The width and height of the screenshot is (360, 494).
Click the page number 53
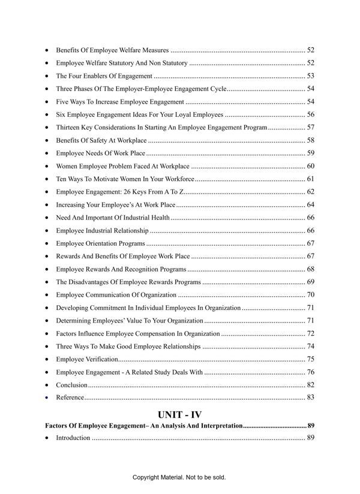pyautogui.click(x=311, y=76)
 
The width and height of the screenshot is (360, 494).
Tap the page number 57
pyautogui.click(x=311, y=127)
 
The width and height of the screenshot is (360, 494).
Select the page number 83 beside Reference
pyautogui.click(x=311, y=397)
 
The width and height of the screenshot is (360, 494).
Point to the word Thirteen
pyautogui.click(x=69, y=127)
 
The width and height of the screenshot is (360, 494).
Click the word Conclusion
pyautogui.click(x=71, y=384)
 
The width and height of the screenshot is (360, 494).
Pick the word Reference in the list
pyautogui.click(x=70, y=397)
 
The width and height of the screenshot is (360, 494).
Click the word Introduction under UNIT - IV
pyautogui.click(x=73, y=438)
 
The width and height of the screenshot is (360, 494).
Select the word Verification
pyautogui.click(x=100, y=359)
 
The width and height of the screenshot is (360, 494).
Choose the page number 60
pyautogui.click(x=311, y=166)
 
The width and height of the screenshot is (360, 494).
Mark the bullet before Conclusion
pyautogui.click(x=47, y=385)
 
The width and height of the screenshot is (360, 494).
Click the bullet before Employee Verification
pyautogui.click(x=47, y=359)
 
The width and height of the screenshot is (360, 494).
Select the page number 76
pyautogui.click(x=311, y=372)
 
